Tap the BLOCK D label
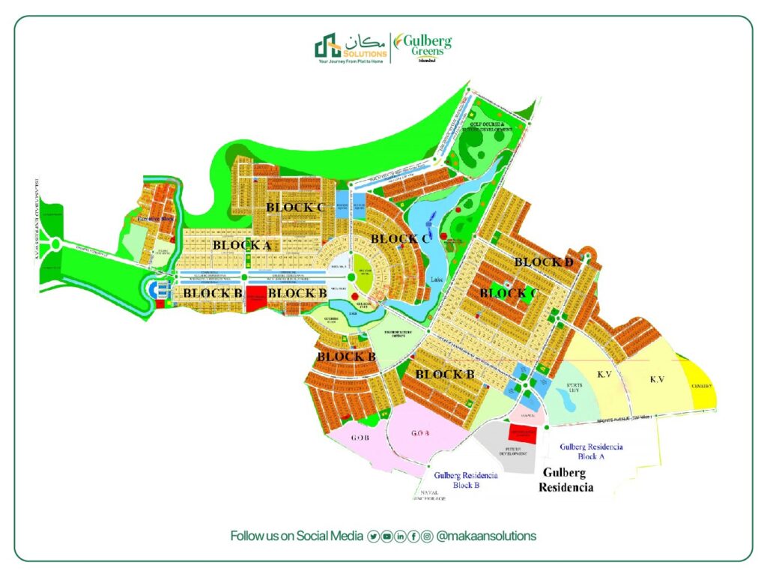tap(544, 262)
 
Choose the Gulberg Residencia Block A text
tap(591, 450)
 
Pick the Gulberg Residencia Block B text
tap(465, 480)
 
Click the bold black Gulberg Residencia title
tap(566, 480)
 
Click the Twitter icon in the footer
tap(373, 536)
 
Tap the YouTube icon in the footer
tap(386, 536)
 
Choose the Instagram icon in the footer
tap(427, 536)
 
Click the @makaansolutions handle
tap(486, 536)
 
